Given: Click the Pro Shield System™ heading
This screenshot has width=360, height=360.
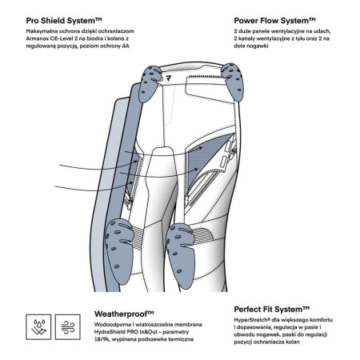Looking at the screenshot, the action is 64,21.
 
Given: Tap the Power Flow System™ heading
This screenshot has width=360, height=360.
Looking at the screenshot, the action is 274,21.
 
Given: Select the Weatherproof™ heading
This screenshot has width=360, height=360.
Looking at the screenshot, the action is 124,314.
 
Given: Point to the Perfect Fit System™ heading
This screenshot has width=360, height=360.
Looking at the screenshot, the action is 271,310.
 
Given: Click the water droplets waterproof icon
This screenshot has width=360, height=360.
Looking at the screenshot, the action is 38,327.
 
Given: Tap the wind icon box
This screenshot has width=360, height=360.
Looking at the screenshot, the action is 68,327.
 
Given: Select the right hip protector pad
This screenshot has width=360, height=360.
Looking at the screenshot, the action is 232,81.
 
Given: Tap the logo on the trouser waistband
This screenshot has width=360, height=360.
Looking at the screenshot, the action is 168,78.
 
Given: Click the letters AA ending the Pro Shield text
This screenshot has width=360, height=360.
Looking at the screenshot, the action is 126,46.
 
